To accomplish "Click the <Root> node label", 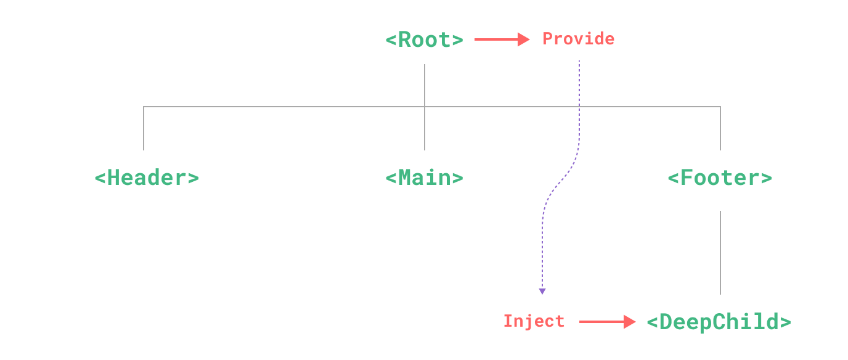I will pos(424,40).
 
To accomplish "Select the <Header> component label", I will pos(147,178).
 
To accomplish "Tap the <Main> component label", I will pos(424,178).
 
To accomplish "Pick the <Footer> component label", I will pos(720,178).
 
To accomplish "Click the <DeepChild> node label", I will pos(719,322).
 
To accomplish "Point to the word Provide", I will pos(578,39).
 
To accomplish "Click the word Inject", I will pos(534,321).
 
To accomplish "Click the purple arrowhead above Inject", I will pos(542,291).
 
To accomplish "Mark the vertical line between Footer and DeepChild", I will pos(720,253).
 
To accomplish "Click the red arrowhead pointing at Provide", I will pos(524,39).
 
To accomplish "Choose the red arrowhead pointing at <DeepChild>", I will pos(630,322).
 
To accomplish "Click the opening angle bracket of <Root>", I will pos(391,40).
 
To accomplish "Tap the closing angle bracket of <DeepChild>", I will pos(785,322).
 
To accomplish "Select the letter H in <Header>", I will pos(114,178).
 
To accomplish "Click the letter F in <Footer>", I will pos(687,178).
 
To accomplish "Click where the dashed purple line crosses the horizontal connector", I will pos(579,107).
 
